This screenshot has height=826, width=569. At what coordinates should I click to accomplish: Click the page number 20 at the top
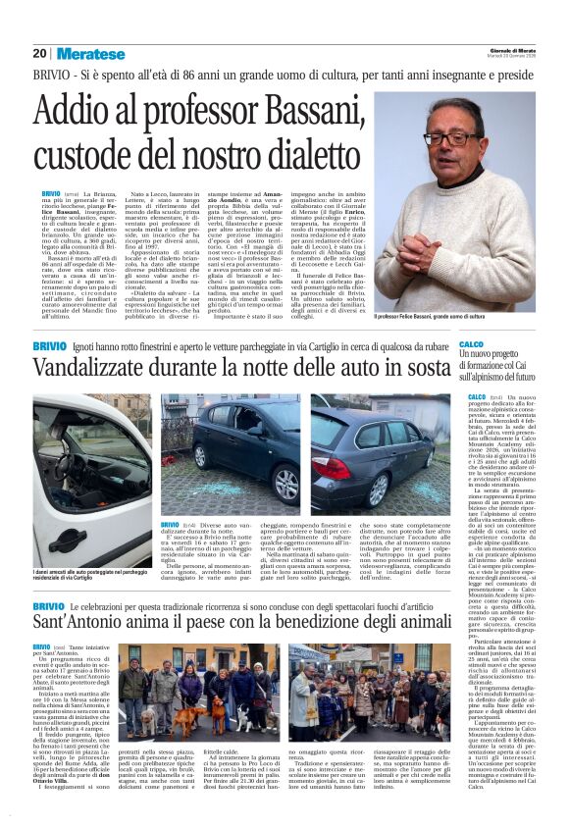tap(40, 53)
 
